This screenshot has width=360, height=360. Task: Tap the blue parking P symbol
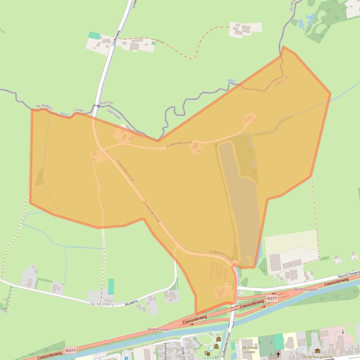coord(126,358)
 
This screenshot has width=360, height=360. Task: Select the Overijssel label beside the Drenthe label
coord(114,111)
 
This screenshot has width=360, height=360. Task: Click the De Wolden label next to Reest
coord(45,107)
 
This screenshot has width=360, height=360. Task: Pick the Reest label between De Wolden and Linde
coord(64,114)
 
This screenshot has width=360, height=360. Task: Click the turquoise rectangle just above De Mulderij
coord(111,286)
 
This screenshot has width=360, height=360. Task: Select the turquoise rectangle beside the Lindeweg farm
coord(94,36)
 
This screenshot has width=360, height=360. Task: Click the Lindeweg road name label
coord(115,38)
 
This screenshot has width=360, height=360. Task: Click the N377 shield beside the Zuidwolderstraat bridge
coord(272,297)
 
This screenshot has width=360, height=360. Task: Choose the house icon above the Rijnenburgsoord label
coord(317,351)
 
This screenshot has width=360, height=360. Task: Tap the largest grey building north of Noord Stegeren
coord(275,262)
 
